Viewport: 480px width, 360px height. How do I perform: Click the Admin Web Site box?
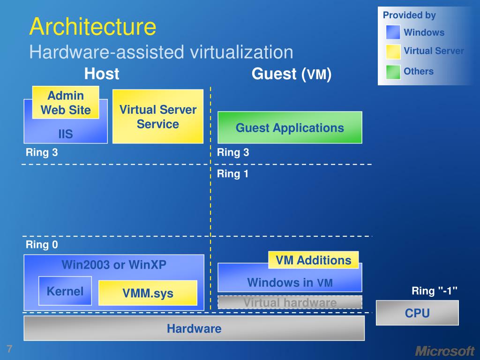[x=66, y=103]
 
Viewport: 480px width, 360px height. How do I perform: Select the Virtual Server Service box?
[x=158, y=116]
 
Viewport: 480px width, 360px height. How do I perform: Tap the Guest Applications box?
[x=290, y=127]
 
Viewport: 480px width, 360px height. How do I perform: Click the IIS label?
[x=66, y=134]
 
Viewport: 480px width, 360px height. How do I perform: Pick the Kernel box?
[x=65, y=291]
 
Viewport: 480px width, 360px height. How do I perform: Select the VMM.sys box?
[x=148, y=293]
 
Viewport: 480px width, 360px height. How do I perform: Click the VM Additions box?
[x=314, y=260]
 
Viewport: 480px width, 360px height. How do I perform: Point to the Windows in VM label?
[x=290, y=283]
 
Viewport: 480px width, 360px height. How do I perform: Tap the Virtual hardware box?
[x=290, y=302]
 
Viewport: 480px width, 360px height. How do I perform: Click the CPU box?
[x=417, y=313]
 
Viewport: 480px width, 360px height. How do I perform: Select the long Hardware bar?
[x=194, y=328]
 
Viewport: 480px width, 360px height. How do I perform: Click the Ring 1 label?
[x=232, y=174]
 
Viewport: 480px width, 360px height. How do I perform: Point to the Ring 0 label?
[x=42, y=245]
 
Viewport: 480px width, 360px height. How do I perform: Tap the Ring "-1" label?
[x=435, y=291]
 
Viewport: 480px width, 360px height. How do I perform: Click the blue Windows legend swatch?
[x=393, y=32]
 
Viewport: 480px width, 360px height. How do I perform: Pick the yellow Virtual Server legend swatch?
[x=393, y=52]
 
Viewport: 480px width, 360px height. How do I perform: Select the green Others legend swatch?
[x=393, y=72]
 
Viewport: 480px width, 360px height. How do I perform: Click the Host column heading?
[x=102, y=74]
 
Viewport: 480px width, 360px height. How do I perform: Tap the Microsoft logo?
[x=445, y=351]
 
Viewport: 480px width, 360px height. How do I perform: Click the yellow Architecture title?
[x=93, y=27]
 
